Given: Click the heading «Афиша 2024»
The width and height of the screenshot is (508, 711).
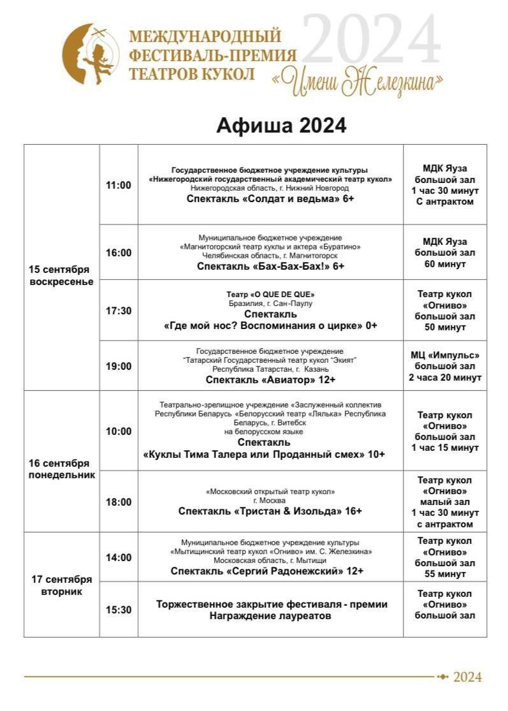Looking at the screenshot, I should [281, 125].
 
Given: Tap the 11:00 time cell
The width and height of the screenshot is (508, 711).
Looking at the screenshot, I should [119, 185].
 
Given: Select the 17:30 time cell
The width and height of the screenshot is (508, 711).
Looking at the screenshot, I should [119, 311].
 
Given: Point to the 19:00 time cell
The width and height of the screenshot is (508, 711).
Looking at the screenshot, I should [119, 366].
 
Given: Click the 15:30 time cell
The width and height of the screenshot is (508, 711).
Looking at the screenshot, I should [119, 610].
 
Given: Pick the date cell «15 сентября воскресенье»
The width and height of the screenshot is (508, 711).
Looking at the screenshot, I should [61, 275].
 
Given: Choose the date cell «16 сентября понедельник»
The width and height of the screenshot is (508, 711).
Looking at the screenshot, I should [61, 469].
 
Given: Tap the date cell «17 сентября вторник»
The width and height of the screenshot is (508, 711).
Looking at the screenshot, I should [61, 585].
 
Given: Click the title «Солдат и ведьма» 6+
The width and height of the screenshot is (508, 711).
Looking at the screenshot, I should [270, 199].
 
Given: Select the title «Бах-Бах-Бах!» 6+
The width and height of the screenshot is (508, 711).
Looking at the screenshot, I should [270, 266].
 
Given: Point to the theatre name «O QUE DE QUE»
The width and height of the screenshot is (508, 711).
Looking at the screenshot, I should [270, 295].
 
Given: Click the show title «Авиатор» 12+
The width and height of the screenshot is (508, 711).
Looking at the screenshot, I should [270, 379].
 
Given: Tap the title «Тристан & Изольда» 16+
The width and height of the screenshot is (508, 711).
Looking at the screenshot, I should [270, 511].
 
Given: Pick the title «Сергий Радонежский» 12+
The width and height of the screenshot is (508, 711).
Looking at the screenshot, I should [267, 571].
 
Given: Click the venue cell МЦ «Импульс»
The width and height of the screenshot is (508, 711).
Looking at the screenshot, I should [445, 355].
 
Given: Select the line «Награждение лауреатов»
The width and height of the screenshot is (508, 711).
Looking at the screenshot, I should [270, 616].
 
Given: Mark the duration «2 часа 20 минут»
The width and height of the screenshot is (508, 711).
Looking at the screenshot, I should [445, 377].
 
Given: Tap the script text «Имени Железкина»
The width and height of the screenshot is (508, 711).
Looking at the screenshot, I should [357, 82].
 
